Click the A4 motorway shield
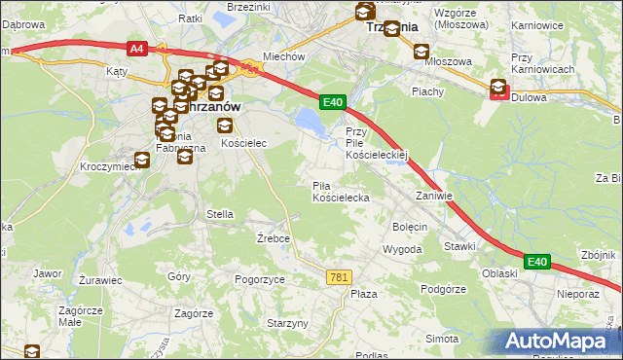click(x=136, y=47)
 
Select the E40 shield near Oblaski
click(x=537, y=261)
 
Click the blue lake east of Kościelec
click(x=309, y=122)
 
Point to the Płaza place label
click(x=363, y=294)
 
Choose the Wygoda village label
click(x=402, y=249)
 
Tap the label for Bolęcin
click(x=410, y=227)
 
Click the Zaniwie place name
click(x=434, y=196)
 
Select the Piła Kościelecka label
click(x=340, y=192)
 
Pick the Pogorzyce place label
click(x=260, y=279)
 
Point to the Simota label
click(x=441, y=338)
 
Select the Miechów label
click(x=285, y=56)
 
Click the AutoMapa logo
click(x=558, y=342)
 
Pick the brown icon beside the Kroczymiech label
click(x=142, y=160)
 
